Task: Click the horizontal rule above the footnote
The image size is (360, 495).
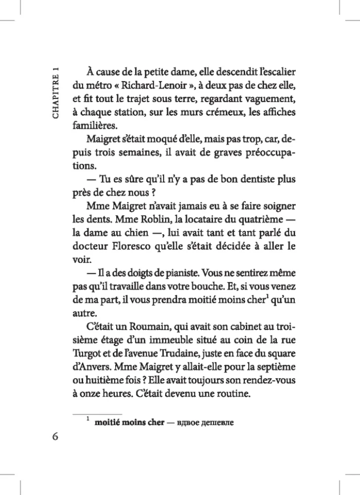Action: pos(97,413)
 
